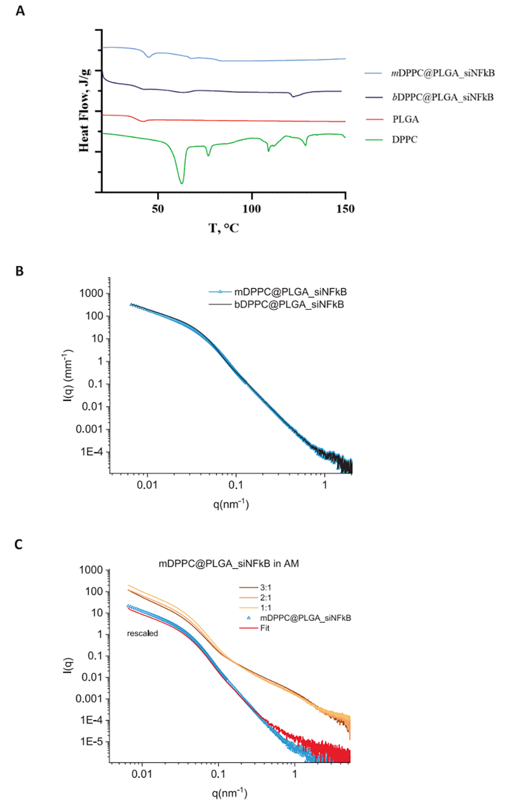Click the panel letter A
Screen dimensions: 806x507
pyautogui.click(x=20, y=11)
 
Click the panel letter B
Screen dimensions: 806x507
pyautogui.click(x=20, y=271)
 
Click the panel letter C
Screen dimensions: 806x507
pyautogui.click(x=19, y=544)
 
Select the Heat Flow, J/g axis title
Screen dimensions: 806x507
pyautogui.click(x=84, y=110)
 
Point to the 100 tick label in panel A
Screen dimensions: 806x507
pyautogui.click(x=252, y=209)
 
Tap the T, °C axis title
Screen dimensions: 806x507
pyautogui.click(x=224, y=228)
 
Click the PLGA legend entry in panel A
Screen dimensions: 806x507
pyautogui.click(x=405, y=119)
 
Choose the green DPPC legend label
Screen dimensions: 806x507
pyautogui.click(x=405, y=140)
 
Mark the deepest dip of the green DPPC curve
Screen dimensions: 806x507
pyautogui.click(x=182, y=183)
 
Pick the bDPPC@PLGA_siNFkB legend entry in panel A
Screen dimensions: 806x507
pyautogui.click(x=443, y=97)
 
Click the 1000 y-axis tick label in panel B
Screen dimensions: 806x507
pyautogui.click(x=91, y=293)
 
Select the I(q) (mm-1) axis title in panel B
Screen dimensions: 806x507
pyautogui.click(x=67, y=375)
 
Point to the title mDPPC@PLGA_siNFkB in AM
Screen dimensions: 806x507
pyautogui.click(x=228, y=563)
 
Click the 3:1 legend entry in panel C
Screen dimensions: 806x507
pyautogui.click(x=265, y=587)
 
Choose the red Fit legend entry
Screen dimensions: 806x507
pyautogui.click(x=264, y=628)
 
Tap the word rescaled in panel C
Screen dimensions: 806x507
pyautogui.click(x=142, y=633)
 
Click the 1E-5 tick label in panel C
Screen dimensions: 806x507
pyautogui.click(x=91, y=741)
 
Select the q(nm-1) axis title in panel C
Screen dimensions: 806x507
pyautogui.click(x=229, y=793)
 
